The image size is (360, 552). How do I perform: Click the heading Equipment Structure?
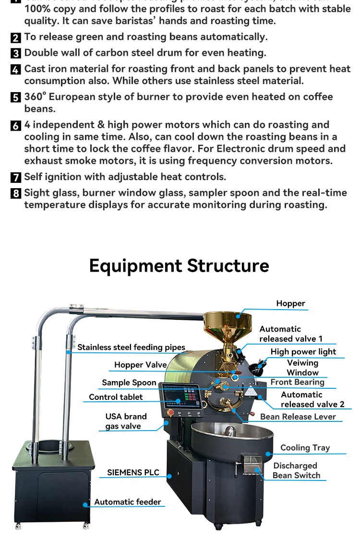coord(179,265)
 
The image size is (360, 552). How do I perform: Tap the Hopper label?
coord(290,303)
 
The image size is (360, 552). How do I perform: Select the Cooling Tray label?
coord(305,447)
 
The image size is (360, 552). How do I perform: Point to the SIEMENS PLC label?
coord(133,472)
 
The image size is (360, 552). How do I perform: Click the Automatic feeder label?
coord(128,502)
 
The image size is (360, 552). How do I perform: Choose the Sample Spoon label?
coord(129,383)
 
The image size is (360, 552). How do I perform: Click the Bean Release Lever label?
coord(298,416)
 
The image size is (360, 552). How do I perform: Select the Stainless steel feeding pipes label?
coord(131,347)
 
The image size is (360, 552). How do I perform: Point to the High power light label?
coord(303,351)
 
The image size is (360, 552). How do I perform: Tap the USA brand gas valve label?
coord(126,421)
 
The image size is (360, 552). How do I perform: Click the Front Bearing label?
coord(297,382)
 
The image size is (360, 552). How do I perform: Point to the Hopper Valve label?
coord(140,365)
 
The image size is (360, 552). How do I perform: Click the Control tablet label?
coord(116,397)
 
